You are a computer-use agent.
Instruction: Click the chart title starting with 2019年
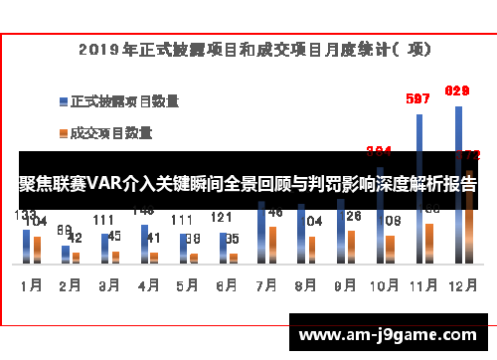(248, 46)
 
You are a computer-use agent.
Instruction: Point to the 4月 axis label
(148, 284)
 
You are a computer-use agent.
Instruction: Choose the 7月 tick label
(265, 284)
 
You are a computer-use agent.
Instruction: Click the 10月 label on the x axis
(383, 284)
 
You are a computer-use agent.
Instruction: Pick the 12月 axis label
(460, 284)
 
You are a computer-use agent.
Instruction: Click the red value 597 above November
(418, 98)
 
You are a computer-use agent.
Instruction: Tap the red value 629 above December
(456, 91)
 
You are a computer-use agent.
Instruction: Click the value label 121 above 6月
(222, 218)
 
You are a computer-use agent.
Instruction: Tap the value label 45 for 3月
(114, 236)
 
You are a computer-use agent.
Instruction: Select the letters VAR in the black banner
(102, 184)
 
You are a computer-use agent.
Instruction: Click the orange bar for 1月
(37, 249)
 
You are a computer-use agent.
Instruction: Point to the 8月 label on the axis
(305, 284)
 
